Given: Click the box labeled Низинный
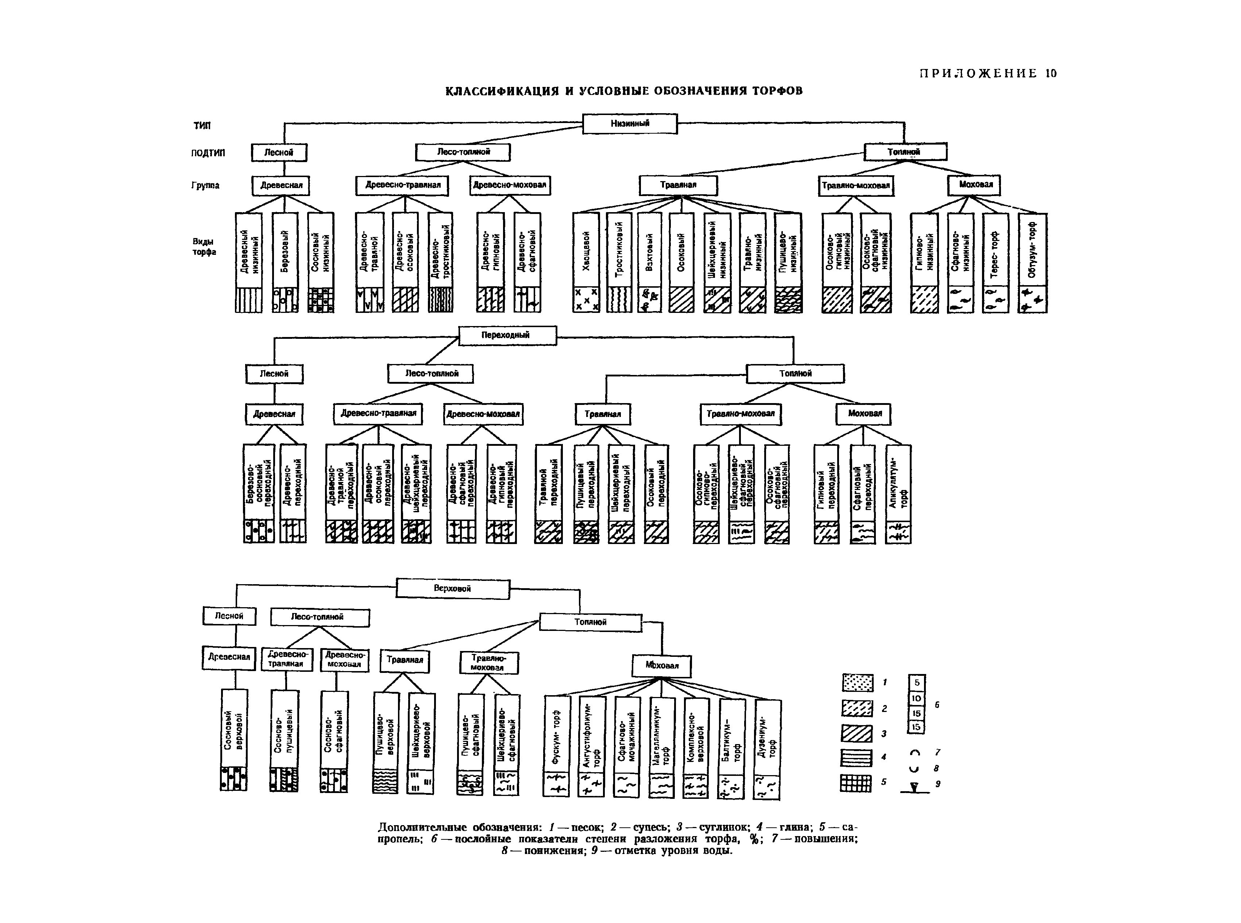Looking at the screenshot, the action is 629,123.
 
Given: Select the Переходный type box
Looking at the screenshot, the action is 507,335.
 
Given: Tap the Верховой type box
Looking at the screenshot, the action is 452,589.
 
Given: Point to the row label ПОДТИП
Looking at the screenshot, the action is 208,153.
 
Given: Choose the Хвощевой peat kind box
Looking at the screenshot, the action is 586,251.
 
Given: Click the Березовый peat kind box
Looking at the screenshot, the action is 285,251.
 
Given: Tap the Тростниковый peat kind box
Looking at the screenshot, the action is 619,251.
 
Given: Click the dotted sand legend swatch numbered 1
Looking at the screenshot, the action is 857,683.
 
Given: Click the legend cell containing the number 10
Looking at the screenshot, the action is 916,698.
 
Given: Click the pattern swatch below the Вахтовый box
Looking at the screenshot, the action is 649,299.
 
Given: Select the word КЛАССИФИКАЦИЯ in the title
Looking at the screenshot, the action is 501,91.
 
